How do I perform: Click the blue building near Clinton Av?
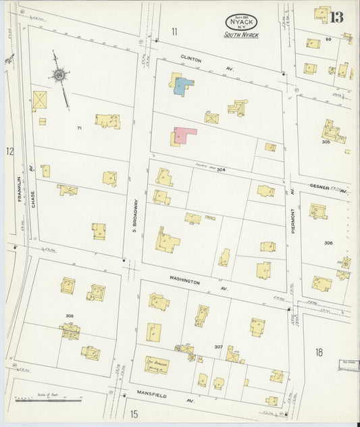click(183, 86)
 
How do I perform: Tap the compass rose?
click(60, 75)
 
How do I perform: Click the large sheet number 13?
click(336, 18)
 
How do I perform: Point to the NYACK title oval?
click(242, 22)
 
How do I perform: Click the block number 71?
click(79, 128)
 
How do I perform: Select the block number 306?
click(328, 243)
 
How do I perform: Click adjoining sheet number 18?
click(319, 352)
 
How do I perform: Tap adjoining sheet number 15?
click(134, 413)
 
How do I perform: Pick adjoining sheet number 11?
click(174, 31)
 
